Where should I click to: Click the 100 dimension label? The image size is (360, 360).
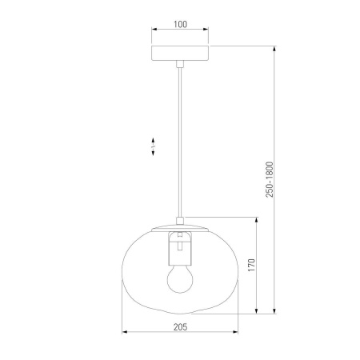point(180,24)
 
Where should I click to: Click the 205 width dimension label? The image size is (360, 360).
point(181,327)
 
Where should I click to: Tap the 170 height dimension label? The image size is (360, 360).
point(252,265)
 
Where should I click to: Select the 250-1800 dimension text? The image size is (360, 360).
point(270,179)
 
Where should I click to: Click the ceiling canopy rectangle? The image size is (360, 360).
point(180,53)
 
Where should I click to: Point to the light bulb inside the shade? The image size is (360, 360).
point(180,279)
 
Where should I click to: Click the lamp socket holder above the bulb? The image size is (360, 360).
point(180,248)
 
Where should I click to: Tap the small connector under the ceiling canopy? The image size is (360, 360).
point(180,64)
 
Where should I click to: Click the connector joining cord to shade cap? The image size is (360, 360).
point(180,221)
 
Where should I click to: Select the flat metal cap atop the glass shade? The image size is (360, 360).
point(180,228)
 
